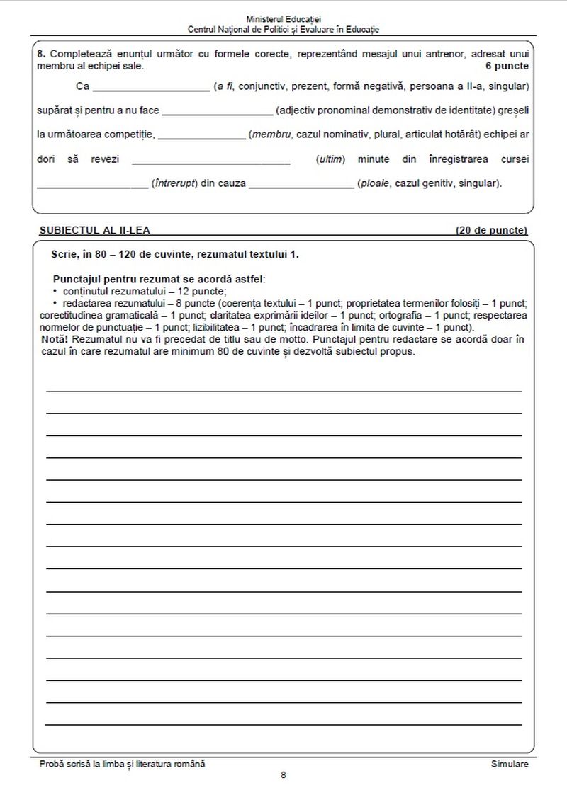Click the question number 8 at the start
(x=40, y=53)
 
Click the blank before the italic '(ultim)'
(x=211, y=161)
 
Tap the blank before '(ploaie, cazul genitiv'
(x=301, y=185)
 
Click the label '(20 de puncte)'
(x=491, y=230)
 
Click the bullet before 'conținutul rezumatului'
(x=55, y=291)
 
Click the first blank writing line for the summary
(x=283, y=390)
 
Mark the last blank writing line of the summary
(x=283, y=724)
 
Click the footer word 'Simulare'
(x=509, y=764)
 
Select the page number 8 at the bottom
(x=283, y=776)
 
